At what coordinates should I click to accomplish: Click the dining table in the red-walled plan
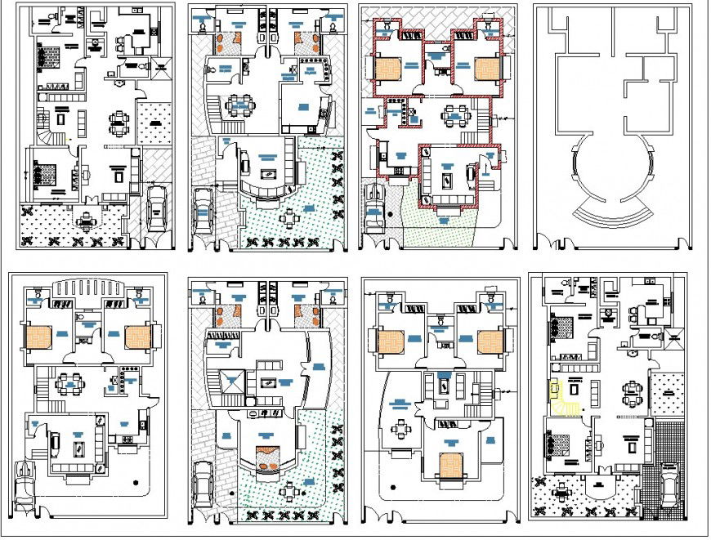pos(452,117)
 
